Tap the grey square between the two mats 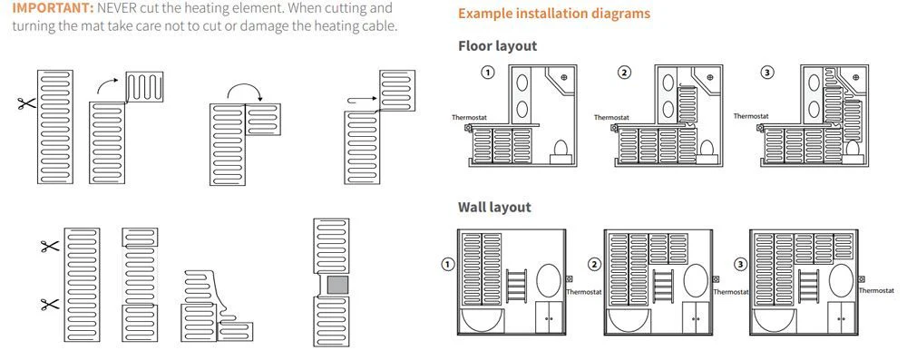pyautogui.click(x=337, y=286)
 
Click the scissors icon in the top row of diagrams pyautogui.click(x=26, y=103)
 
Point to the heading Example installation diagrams pyautogui.click(x=554, y=14)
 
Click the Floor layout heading pyautogui.click(x=497, y=45)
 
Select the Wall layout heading pyautogui.click(x=494, y=207)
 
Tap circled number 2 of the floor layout pyautogui.click(x=624, y=73)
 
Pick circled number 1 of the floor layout pyautogui.click(x=488, y=73)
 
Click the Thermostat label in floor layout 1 pyautogui.click(x=469, y=118)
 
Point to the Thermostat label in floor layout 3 pyautogui.click(x=751, y=116)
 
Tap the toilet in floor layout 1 pyautogui.click(x=561, y=150)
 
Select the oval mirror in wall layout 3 pyautogui.click(x=841, y=281)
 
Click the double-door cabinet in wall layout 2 pyautogui.click(x=696, y=317)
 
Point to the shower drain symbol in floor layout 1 pyautogui.click(x=564, y=76)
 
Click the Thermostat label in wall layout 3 pyautogui.click(x=876, y=290)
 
